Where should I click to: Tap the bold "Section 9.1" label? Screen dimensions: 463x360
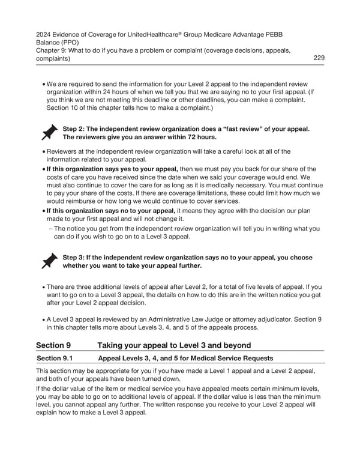pyautogui.click(x=57, y=359)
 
